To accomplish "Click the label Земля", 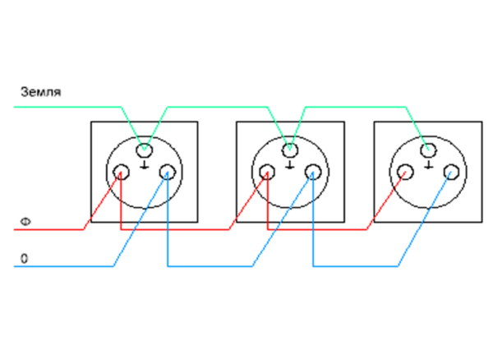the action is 41,92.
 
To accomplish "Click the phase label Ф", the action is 25,222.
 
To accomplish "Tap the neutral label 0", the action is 24,259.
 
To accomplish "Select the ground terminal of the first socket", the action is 145,150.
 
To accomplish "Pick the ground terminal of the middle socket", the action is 290,150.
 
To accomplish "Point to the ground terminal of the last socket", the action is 428,150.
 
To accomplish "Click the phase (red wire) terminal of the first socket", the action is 121,173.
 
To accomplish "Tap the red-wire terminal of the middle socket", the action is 267,173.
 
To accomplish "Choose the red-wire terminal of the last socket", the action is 405,173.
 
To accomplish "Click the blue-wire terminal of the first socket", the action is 168,173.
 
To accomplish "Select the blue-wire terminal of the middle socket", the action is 313,173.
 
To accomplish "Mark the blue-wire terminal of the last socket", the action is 451,173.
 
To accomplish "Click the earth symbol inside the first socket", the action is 145,165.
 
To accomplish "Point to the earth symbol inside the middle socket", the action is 290,165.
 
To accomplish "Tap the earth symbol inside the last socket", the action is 428,165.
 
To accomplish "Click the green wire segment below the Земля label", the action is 67,107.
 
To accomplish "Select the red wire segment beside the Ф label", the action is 48,229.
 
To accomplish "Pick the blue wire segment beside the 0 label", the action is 64,266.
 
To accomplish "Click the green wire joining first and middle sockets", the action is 217,107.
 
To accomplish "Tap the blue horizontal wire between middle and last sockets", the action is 356,266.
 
